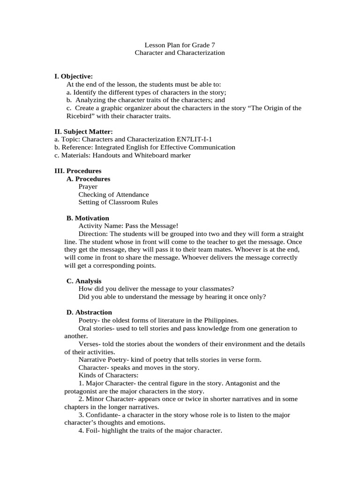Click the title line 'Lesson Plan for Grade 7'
click(180, 45)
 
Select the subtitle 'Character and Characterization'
click(180, 53)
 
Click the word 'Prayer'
click(88, 187)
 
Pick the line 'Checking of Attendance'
click(113, 195)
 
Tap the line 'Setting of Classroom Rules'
click(118, 202)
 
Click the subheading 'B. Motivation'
click(88, 218)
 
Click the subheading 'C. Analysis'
click(84, 281)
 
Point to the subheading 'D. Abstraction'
click(89, 312)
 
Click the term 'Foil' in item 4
click(93, 430)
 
